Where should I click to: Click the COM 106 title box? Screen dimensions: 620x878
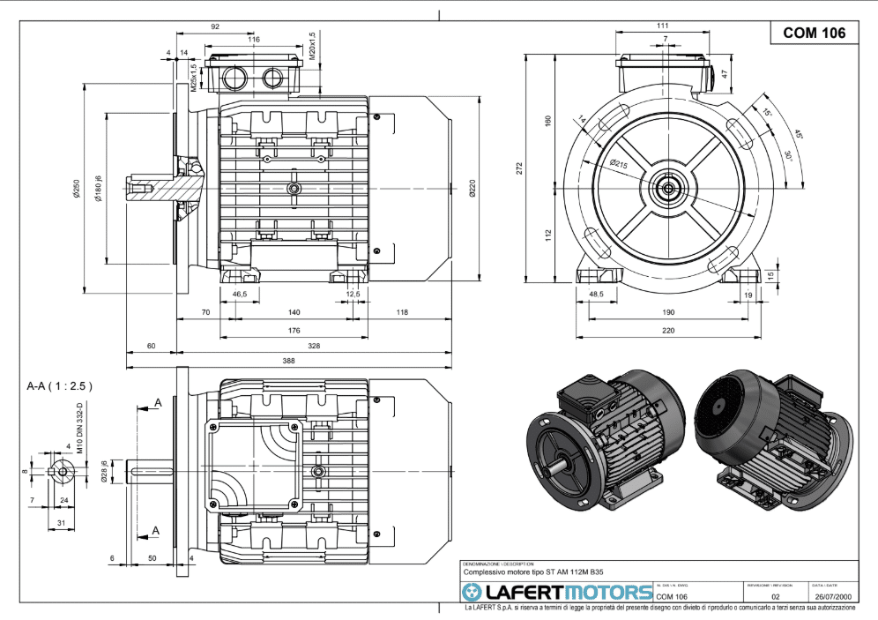(x=815, y=33)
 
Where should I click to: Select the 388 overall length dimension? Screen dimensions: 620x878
(x=289, y=360)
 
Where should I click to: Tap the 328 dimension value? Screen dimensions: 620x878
(x=314, y=347)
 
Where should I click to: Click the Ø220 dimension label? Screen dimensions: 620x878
(x=472, y=188)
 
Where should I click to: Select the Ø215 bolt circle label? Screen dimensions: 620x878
(x=617, y=164)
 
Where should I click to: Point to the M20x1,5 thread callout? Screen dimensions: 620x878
(x=312, y=47)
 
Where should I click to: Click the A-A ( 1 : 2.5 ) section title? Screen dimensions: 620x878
(x=60, y=385)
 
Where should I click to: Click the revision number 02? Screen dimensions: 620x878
(x=776, y=597)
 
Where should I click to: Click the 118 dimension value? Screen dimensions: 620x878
(x=402, y=312)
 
